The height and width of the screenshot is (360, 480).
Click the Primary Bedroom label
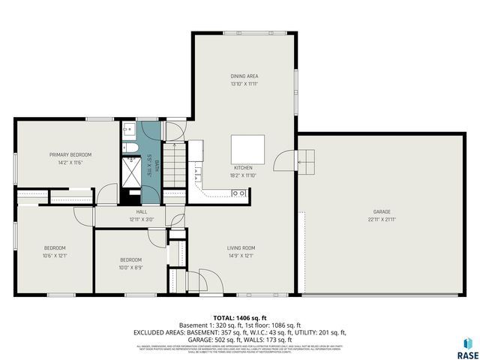point(66,155)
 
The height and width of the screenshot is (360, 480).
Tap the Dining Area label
point(244,76)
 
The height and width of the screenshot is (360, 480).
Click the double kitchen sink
point(239,193)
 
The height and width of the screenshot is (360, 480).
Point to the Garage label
point(382,212)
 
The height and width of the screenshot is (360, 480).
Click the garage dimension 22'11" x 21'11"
point(382,220)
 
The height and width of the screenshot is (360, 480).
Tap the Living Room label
point(241,248)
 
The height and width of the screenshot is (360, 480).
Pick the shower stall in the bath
point(130,172)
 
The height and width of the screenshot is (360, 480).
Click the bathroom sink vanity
point(128,129)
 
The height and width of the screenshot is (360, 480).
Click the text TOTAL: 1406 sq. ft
point(240,318)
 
